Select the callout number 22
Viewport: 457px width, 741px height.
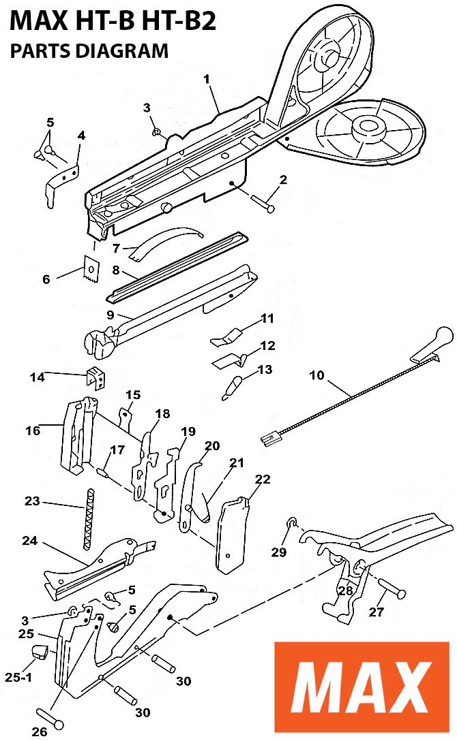click(263, 479)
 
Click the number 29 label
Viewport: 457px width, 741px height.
click(279, 552)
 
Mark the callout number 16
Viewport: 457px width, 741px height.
click(32, 430)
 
